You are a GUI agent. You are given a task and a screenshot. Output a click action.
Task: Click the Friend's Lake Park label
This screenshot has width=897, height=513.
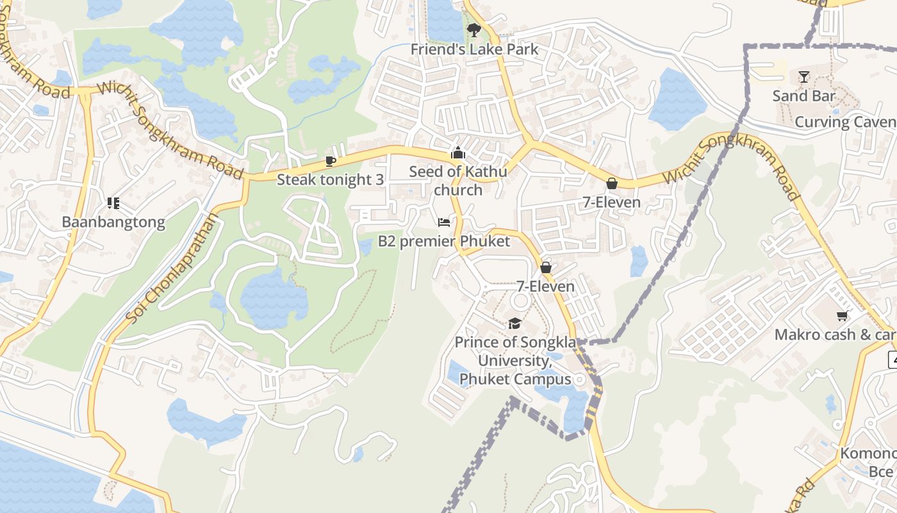click(474, 49)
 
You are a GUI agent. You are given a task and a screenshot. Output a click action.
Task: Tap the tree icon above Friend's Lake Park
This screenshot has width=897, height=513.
click(473, 29)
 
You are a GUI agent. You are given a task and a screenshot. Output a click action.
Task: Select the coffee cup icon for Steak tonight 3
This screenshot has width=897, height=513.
click(331, 160)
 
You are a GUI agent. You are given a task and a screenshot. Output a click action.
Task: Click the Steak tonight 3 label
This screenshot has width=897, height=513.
click(330, 180)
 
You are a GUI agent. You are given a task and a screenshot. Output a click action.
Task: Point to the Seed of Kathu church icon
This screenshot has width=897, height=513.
click(457, 153)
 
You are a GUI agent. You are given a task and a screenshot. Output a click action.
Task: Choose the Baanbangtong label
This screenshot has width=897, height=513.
click(113, 223)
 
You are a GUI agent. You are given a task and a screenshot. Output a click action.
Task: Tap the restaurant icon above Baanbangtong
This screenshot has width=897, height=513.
click(113, 203)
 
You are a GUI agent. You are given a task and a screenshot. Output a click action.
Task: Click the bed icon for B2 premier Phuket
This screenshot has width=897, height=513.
click(444, 223)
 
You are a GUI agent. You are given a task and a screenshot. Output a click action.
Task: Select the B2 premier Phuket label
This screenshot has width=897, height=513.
click(444, 242)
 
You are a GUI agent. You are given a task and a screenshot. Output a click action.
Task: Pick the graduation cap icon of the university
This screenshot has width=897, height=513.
click(514, 323)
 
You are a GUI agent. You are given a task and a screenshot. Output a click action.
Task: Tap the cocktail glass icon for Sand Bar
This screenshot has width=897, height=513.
click(804, 77)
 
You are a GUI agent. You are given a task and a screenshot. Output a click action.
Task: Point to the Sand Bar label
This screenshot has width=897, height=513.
click(804, 96)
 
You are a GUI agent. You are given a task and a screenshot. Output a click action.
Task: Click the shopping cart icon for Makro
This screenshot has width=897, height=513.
click(842, 315)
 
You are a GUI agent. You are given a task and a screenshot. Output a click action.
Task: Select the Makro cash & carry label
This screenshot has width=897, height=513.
click(835, 335)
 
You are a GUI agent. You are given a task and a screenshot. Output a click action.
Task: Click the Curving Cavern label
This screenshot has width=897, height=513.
click(845, 122)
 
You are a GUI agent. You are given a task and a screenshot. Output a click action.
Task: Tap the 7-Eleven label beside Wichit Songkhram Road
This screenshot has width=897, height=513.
click(611, 203)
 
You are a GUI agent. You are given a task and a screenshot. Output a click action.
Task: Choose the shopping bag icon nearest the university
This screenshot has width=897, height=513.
click(546, 267)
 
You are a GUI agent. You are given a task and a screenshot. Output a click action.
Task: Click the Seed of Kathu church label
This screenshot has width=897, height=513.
click(457, 181)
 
